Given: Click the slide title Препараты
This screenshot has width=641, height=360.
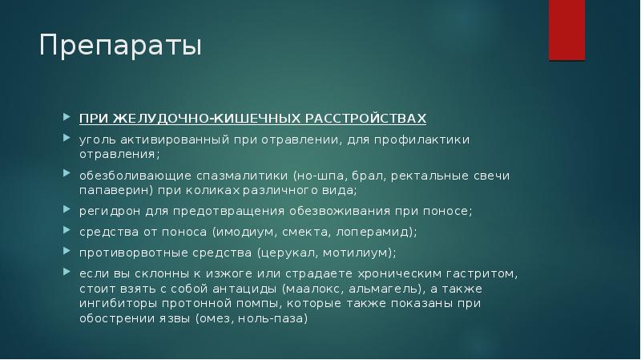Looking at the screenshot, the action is click(121, 46).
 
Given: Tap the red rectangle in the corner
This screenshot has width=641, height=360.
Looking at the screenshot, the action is click(566, 30).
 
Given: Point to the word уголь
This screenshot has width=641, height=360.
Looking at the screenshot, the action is click(98, 140).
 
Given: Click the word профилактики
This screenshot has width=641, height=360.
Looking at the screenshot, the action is click(422, 140).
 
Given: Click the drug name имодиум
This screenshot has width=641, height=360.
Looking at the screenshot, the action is click(245, 233).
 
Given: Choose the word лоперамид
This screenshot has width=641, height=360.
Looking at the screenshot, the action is click(373, 233).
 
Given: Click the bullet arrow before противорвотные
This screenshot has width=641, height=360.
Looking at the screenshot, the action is click(67, 251).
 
